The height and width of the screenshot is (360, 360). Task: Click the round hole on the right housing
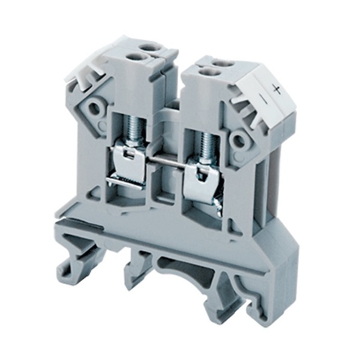239,140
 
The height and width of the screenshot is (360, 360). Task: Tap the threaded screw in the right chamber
207,148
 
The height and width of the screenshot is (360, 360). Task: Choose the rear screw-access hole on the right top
223,62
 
